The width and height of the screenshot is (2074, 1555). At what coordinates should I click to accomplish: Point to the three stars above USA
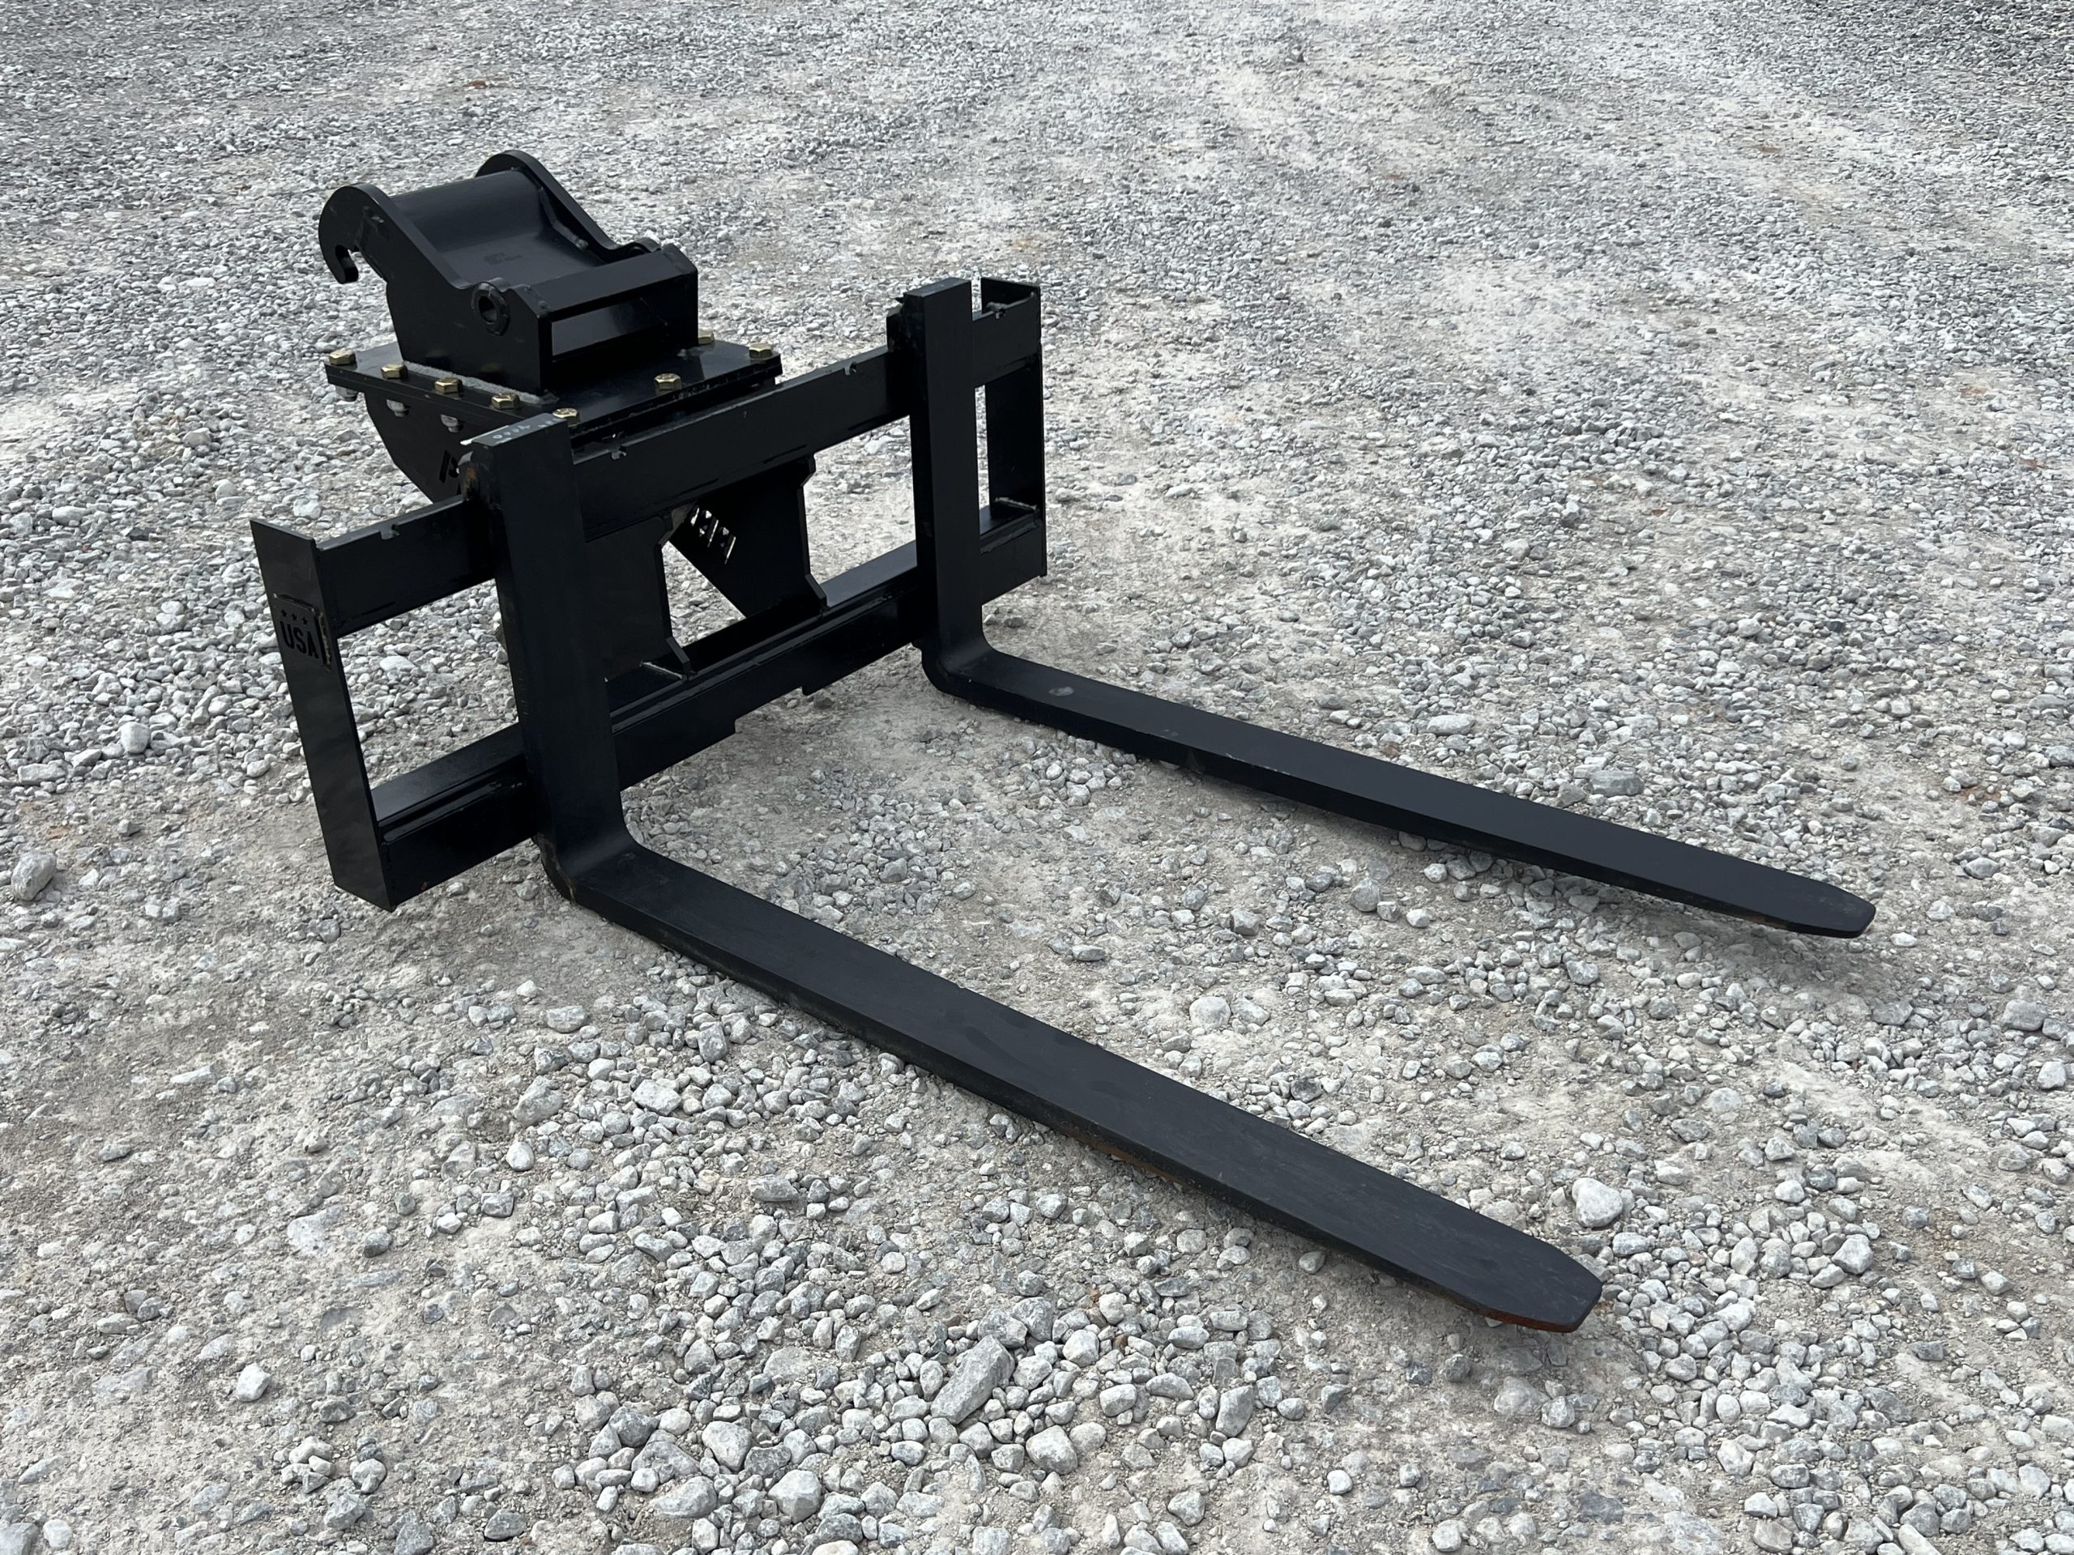[x=298, y=607]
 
